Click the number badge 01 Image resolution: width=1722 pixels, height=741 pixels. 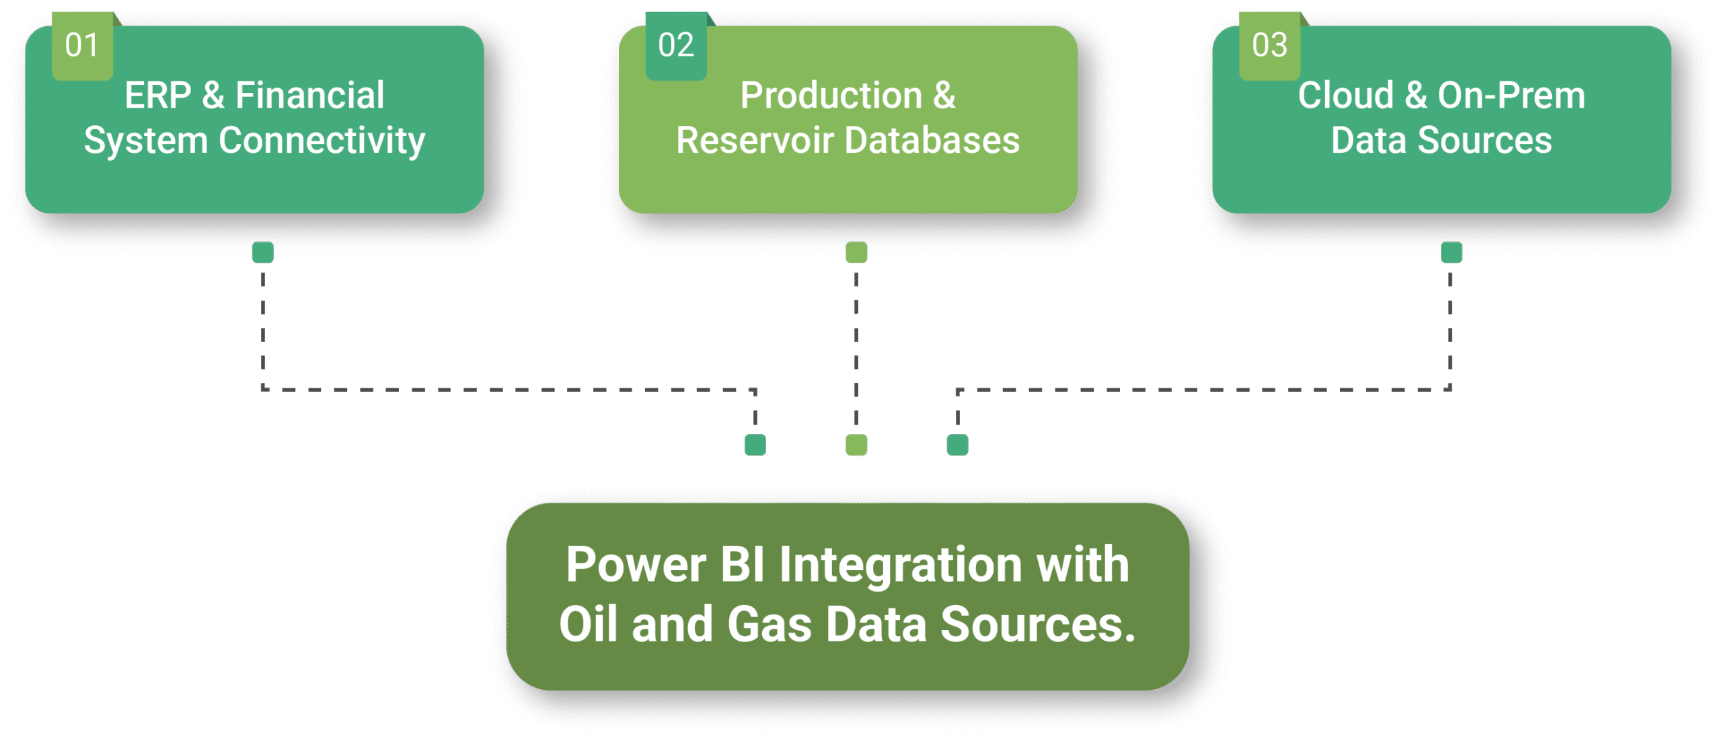83,46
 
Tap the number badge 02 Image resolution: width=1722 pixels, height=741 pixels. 676,46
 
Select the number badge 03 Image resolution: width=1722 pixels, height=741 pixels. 1270,46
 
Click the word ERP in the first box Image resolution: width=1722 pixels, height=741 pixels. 158,95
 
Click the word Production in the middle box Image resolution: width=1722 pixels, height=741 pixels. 831,95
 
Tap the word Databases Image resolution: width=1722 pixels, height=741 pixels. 932,140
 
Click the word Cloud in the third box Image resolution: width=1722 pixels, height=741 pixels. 1345,95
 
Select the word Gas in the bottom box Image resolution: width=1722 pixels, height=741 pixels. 770,624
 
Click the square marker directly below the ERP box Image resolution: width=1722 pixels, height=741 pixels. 262,252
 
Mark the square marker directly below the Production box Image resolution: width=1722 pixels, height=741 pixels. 856,252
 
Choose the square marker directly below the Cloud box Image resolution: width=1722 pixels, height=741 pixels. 1451,252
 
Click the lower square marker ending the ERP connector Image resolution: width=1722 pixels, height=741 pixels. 755,445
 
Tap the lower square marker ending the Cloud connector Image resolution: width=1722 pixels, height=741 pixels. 958,445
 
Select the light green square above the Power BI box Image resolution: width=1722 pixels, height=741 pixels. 856,445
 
